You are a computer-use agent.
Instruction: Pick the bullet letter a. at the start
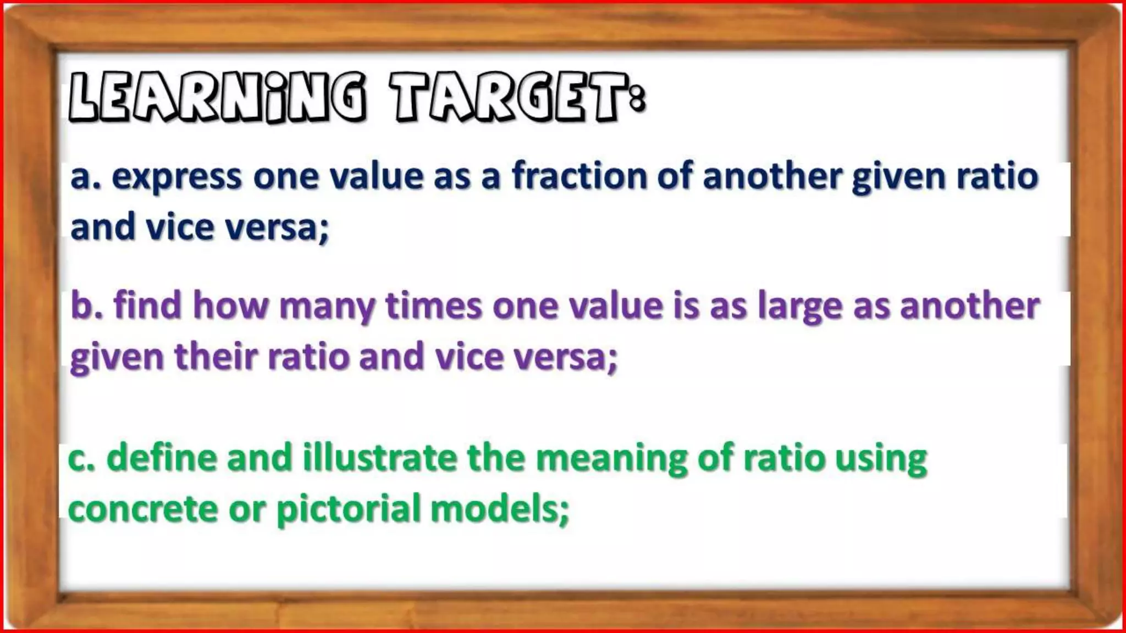[x=86, y=177]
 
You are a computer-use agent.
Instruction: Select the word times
[x=434, y=306]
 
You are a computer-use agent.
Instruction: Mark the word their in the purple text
[x=216, y=356]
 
